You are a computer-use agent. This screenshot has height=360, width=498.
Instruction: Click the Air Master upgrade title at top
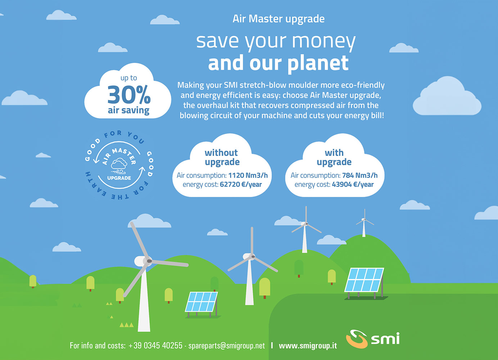point(279,19)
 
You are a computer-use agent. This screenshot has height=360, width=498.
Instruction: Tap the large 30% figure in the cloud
point(129,95)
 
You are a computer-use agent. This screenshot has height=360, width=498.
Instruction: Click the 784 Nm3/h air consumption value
point(360,175)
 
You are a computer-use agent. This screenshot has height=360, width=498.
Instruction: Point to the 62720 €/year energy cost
point(241,184)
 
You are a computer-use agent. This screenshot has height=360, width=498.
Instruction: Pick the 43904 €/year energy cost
point(353,184)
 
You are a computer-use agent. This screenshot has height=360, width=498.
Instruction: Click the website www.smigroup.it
point(308,346)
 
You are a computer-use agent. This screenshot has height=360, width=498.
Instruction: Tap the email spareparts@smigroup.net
point(227,346)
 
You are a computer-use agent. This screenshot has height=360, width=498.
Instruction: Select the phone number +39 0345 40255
point(155,345)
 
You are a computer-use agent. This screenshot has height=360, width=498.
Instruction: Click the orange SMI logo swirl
point(357,339)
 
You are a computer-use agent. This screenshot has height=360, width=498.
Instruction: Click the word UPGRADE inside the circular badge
point(119,178)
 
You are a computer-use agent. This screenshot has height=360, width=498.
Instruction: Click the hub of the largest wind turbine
point(149,261)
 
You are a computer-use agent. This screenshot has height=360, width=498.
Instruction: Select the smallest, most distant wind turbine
point(364,224)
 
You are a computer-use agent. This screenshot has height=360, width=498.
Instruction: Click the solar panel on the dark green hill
point(365,283)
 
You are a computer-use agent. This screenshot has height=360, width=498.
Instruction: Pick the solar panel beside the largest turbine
point(202,304)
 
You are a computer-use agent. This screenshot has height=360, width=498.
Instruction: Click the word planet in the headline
point(318,63)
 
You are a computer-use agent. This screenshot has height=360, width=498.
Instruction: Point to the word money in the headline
point(324,42)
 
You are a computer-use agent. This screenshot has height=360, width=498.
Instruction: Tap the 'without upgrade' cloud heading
point(222,158)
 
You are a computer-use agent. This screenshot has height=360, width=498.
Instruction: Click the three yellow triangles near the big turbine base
point(127,325)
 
